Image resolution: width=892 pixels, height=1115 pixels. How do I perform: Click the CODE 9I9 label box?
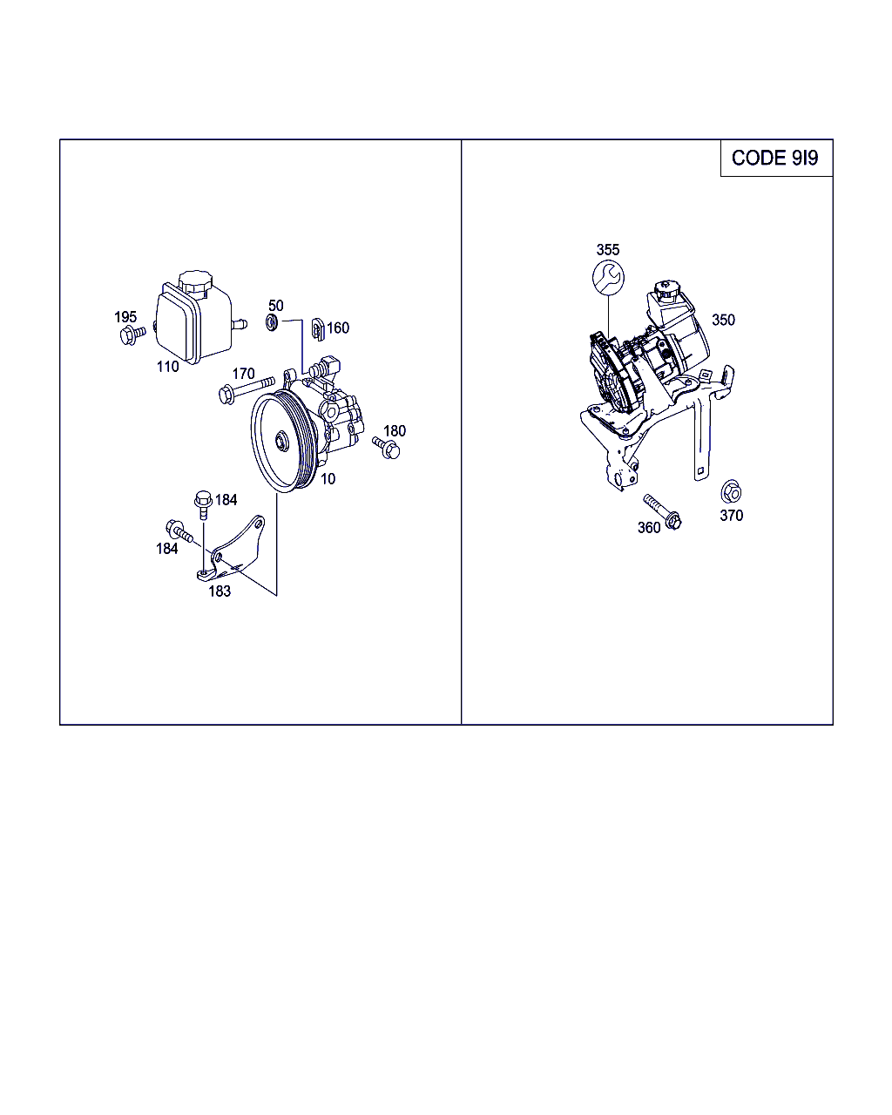776,158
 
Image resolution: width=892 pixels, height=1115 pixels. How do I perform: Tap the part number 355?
607,250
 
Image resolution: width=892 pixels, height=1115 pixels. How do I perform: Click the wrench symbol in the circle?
608,277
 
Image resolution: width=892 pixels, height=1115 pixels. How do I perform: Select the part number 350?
723,320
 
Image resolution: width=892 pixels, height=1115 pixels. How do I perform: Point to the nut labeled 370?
731,491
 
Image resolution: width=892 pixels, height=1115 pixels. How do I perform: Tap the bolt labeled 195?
132,334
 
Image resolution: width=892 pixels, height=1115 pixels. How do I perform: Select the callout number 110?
167,367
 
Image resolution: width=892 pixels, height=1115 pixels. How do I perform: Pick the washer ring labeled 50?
272,323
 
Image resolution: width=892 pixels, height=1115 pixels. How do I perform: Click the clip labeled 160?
318,329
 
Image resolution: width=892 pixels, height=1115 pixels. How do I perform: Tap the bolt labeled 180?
386,448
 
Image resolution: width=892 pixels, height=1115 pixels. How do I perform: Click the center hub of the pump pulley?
282,442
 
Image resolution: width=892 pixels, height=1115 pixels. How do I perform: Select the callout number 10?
328,479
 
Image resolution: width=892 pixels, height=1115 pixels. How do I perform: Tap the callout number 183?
220,591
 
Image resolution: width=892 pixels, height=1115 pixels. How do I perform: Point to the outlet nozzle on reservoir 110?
239,324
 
